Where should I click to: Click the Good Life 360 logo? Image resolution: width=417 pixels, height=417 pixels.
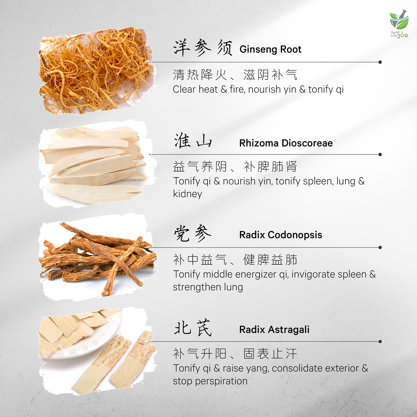tap(399, 24)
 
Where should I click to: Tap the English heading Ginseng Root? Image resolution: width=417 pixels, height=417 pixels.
tap(270, 49)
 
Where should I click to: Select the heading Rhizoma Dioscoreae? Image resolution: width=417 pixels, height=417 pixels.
tap(286, 143)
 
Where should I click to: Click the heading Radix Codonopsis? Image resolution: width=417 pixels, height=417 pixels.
tap(281, 235)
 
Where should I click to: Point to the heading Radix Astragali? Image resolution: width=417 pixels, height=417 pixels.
tap(274, 330)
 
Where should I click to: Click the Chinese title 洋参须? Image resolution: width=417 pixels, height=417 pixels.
tap(203, 48)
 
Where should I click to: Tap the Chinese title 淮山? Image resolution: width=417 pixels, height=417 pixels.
tap(193, 141)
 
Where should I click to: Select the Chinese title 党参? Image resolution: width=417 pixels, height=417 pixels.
tap(193, 233)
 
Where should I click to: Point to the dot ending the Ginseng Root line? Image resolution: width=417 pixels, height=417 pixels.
tap(380, 62)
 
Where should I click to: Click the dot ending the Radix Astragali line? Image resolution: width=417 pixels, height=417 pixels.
tap(380, 342)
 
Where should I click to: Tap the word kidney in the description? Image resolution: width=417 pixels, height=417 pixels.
tap(188, 194)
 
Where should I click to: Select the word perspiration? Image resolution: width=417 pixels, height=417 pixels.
tap(221, 381)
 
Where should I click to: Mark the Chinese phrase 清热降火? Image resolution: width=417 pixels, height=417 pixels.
tap(200, 75)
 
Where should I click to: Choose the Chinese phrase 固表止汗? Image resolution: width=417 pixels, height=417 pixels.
tap(270, 354)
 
